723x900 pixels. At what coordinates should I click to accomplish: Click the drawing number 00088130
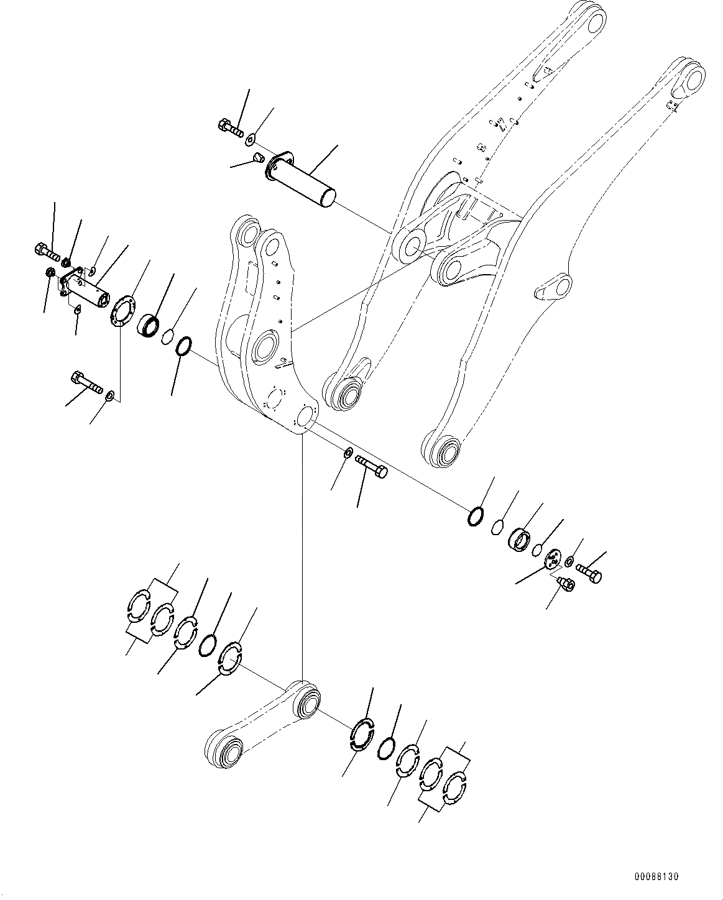656,877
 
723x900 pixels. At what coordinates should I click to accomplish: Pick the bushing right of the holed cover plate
149,324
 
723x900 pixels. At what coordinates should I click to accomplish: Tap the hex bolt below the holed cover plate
86,382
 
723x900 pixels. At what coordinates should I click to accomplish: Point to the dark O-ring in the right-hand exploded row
476,516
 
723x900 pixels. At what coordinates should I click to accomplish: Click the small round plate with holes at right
551,558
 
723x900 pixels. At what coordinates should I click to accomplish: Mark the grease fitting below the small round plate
566,584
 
